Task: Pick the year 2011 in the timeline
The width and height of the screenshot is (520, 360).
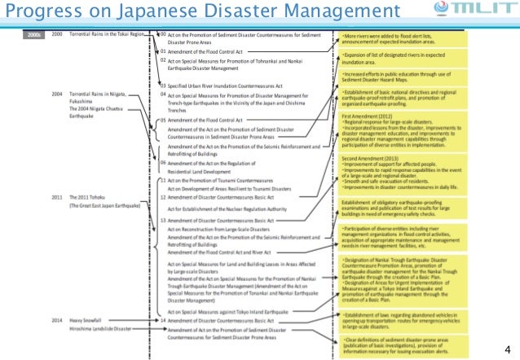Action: tap(57, 197)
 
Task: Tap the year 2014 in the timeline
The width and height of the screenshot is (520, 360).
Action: tap(57, 321)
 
